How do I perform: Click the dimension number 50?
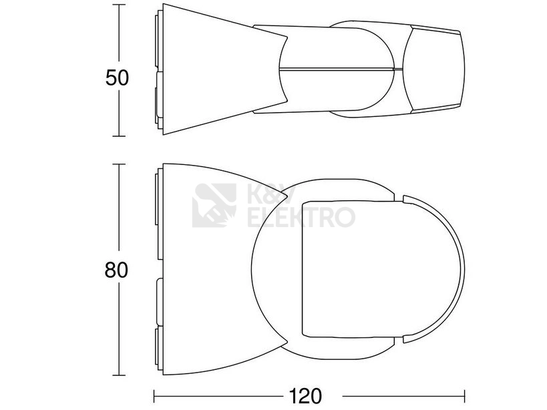[x=118, y=77]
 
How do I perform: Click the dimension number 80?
[x=116, y=270]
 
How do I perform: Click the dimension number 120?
[x=305, y=396]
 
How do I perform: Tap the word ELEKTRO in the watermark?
[x=301, y=217]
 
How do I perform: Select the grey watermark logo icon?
[x=214, y=206]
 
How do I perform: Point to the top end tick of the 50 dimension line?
[x=119, y=5]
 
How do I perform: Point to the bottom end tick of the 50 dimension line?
[x=119, y=136]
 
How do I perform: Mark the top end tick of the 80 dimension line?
[x=119, y=164]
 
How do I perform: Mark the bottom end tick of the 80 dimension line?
[x=119, y=375]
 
